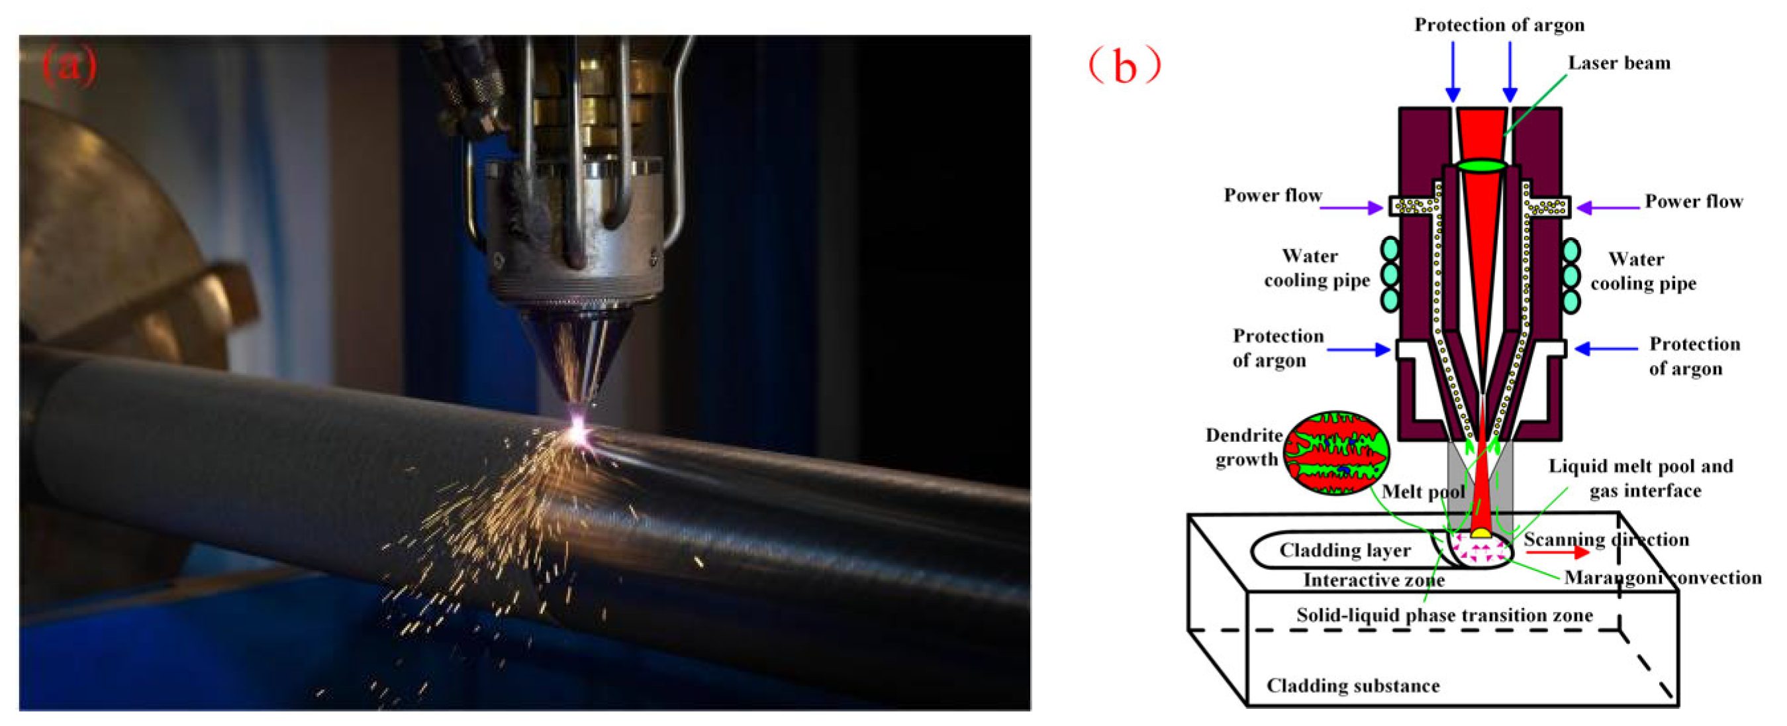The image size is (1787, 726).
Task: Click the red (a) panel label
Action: pyautogui.click(x=70, y=66)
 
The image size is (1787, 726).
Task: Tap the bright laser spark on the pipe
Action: pyautogui.click(x=577, y=434)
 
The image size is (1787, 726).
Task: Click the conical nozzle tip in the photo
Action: pyautogui.click(x=576, y=361)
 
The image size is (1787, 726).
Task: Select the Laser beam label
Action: pyautogui.click(x=1619, y=63)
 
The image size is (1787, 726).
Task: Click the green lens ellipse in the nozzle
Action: pyautogui.click(x=1481, y=166)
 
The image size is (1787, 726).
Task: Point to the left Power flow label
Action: pyautogui.click(x=1273, y=195)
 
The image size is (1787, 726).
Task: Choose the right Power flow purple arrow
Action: pyautogui.click(x=1608, y=207)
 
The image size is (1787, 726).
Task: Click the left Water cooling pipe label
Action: pyautogui.click(x=1316, y=268)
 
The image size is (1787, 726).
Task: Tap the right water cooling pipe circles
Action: pyautogui.click(x=1571, y=276)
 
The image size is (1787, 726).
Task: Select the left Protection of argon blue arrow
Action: pyautogui.click(x=1358, y=350)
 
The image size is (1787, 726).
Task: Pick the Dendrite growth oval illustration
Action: pyautogui.click(x=1336, y=452)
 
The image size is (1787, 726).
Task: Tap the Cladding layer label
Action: pyautogui.click(x=1345, y=550)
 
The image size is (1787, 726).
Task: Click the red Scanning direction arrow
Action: pyautogui.click(x=1557, y=552)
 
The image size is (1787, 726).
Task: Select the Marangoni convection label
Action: pyautogui.click(x=1663, y=578)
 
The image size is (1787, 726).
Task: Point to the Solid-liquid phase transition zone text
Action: pyautogui.click(x=1444, y=615)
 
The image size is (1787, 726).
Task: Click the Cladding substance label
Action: pyautogui.click(x=1353, y=686)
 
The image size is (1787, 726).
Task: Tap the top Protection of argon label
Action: pyautogui.click(x=1499, y=25)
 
